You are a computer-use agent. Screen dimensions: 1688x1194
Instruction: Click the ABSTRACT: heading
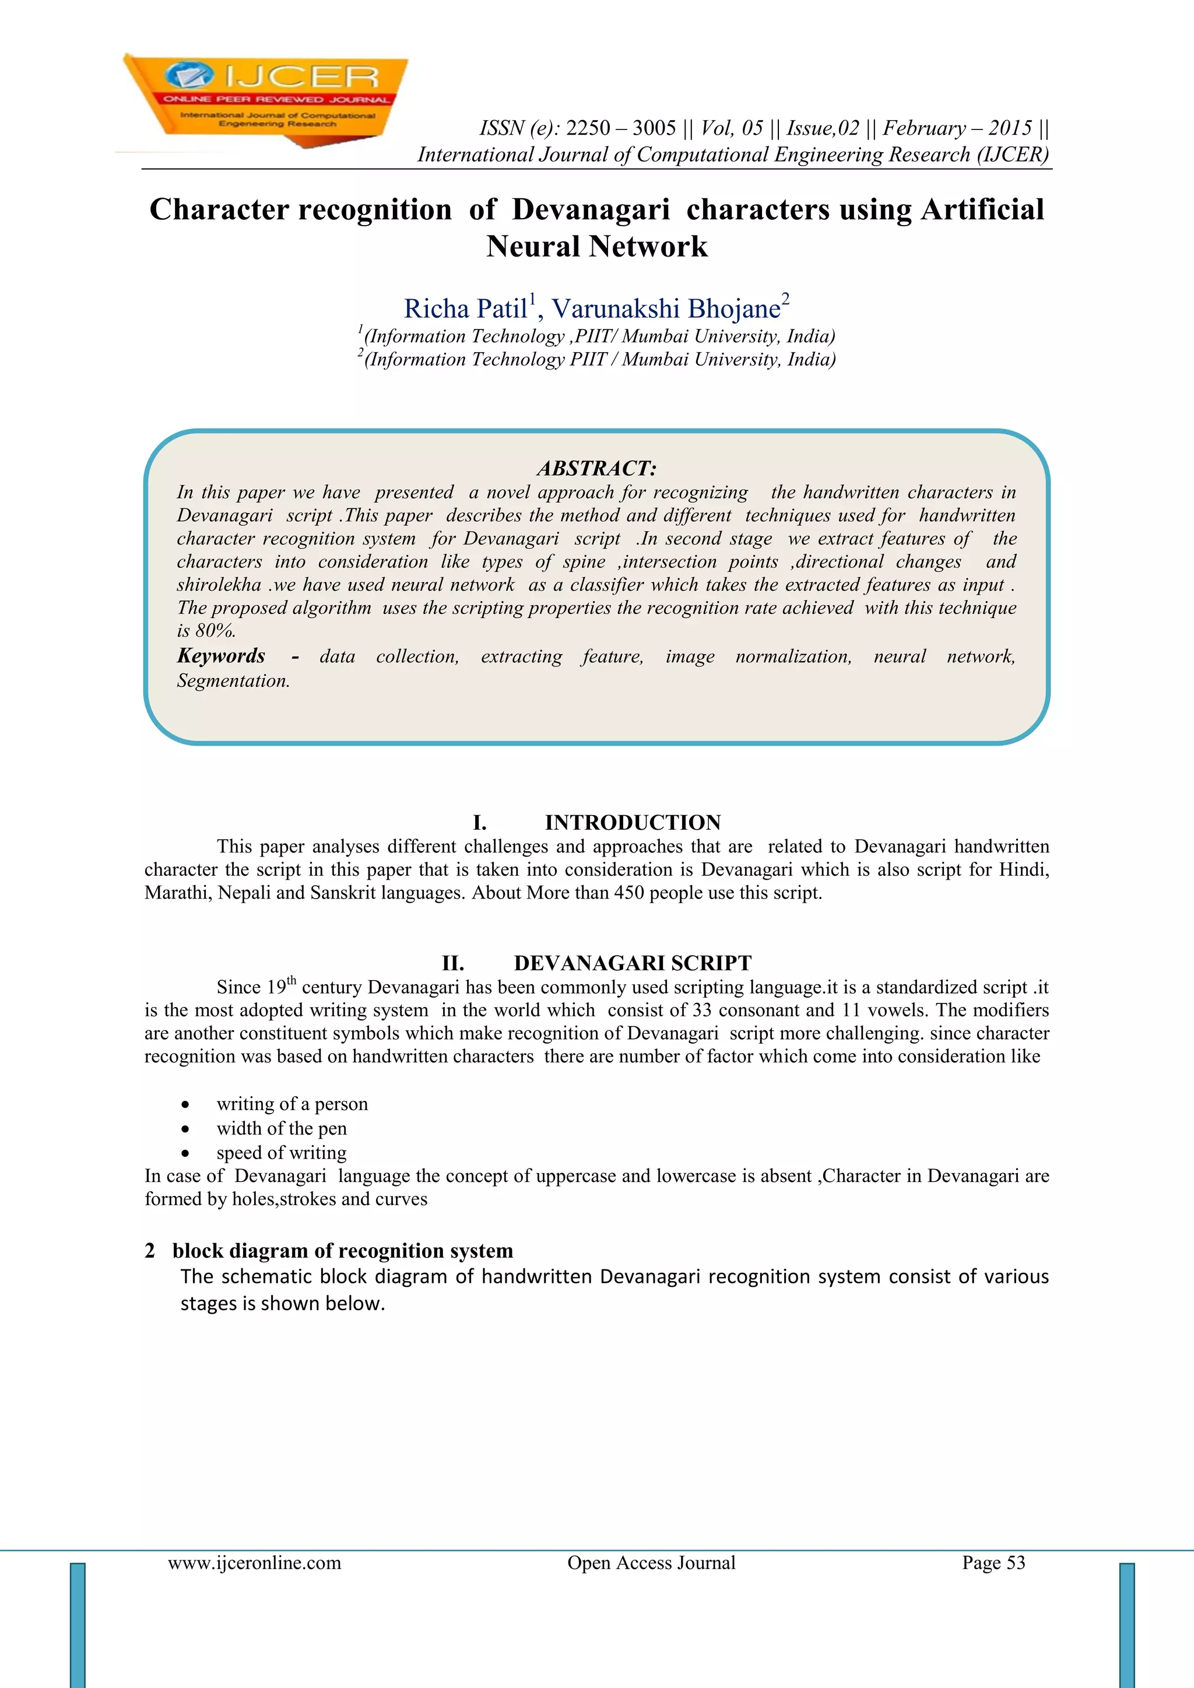coord(596,468)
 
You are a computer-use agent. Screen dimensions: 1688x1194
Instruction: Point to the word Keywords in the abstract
coord(222,656)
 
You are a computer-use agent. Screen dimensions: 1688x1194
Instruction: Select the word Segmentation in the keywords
coord(233,681)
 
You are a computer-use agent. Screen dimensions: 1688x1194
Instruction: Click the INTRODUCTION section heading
coord(633,823)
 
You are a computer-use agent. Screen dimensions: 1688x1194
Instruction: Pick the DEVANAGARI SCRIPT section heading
coord(633,963)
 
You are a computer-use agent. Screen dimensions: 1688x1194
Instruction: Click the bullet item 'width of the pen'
coord(282,1128)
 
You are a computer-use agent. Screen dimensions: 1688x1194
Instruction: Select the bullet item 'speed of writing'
coord(282,1153)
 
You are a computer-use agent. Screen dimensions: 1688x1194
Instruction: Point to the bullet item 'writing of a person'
coord(292,1104)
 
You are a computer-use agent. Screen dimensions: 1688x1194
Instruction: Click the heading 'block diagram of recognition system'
coord(343,1251)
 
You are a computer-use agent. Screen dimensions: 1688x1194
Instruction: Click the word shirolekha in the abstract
coord(219,585)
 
